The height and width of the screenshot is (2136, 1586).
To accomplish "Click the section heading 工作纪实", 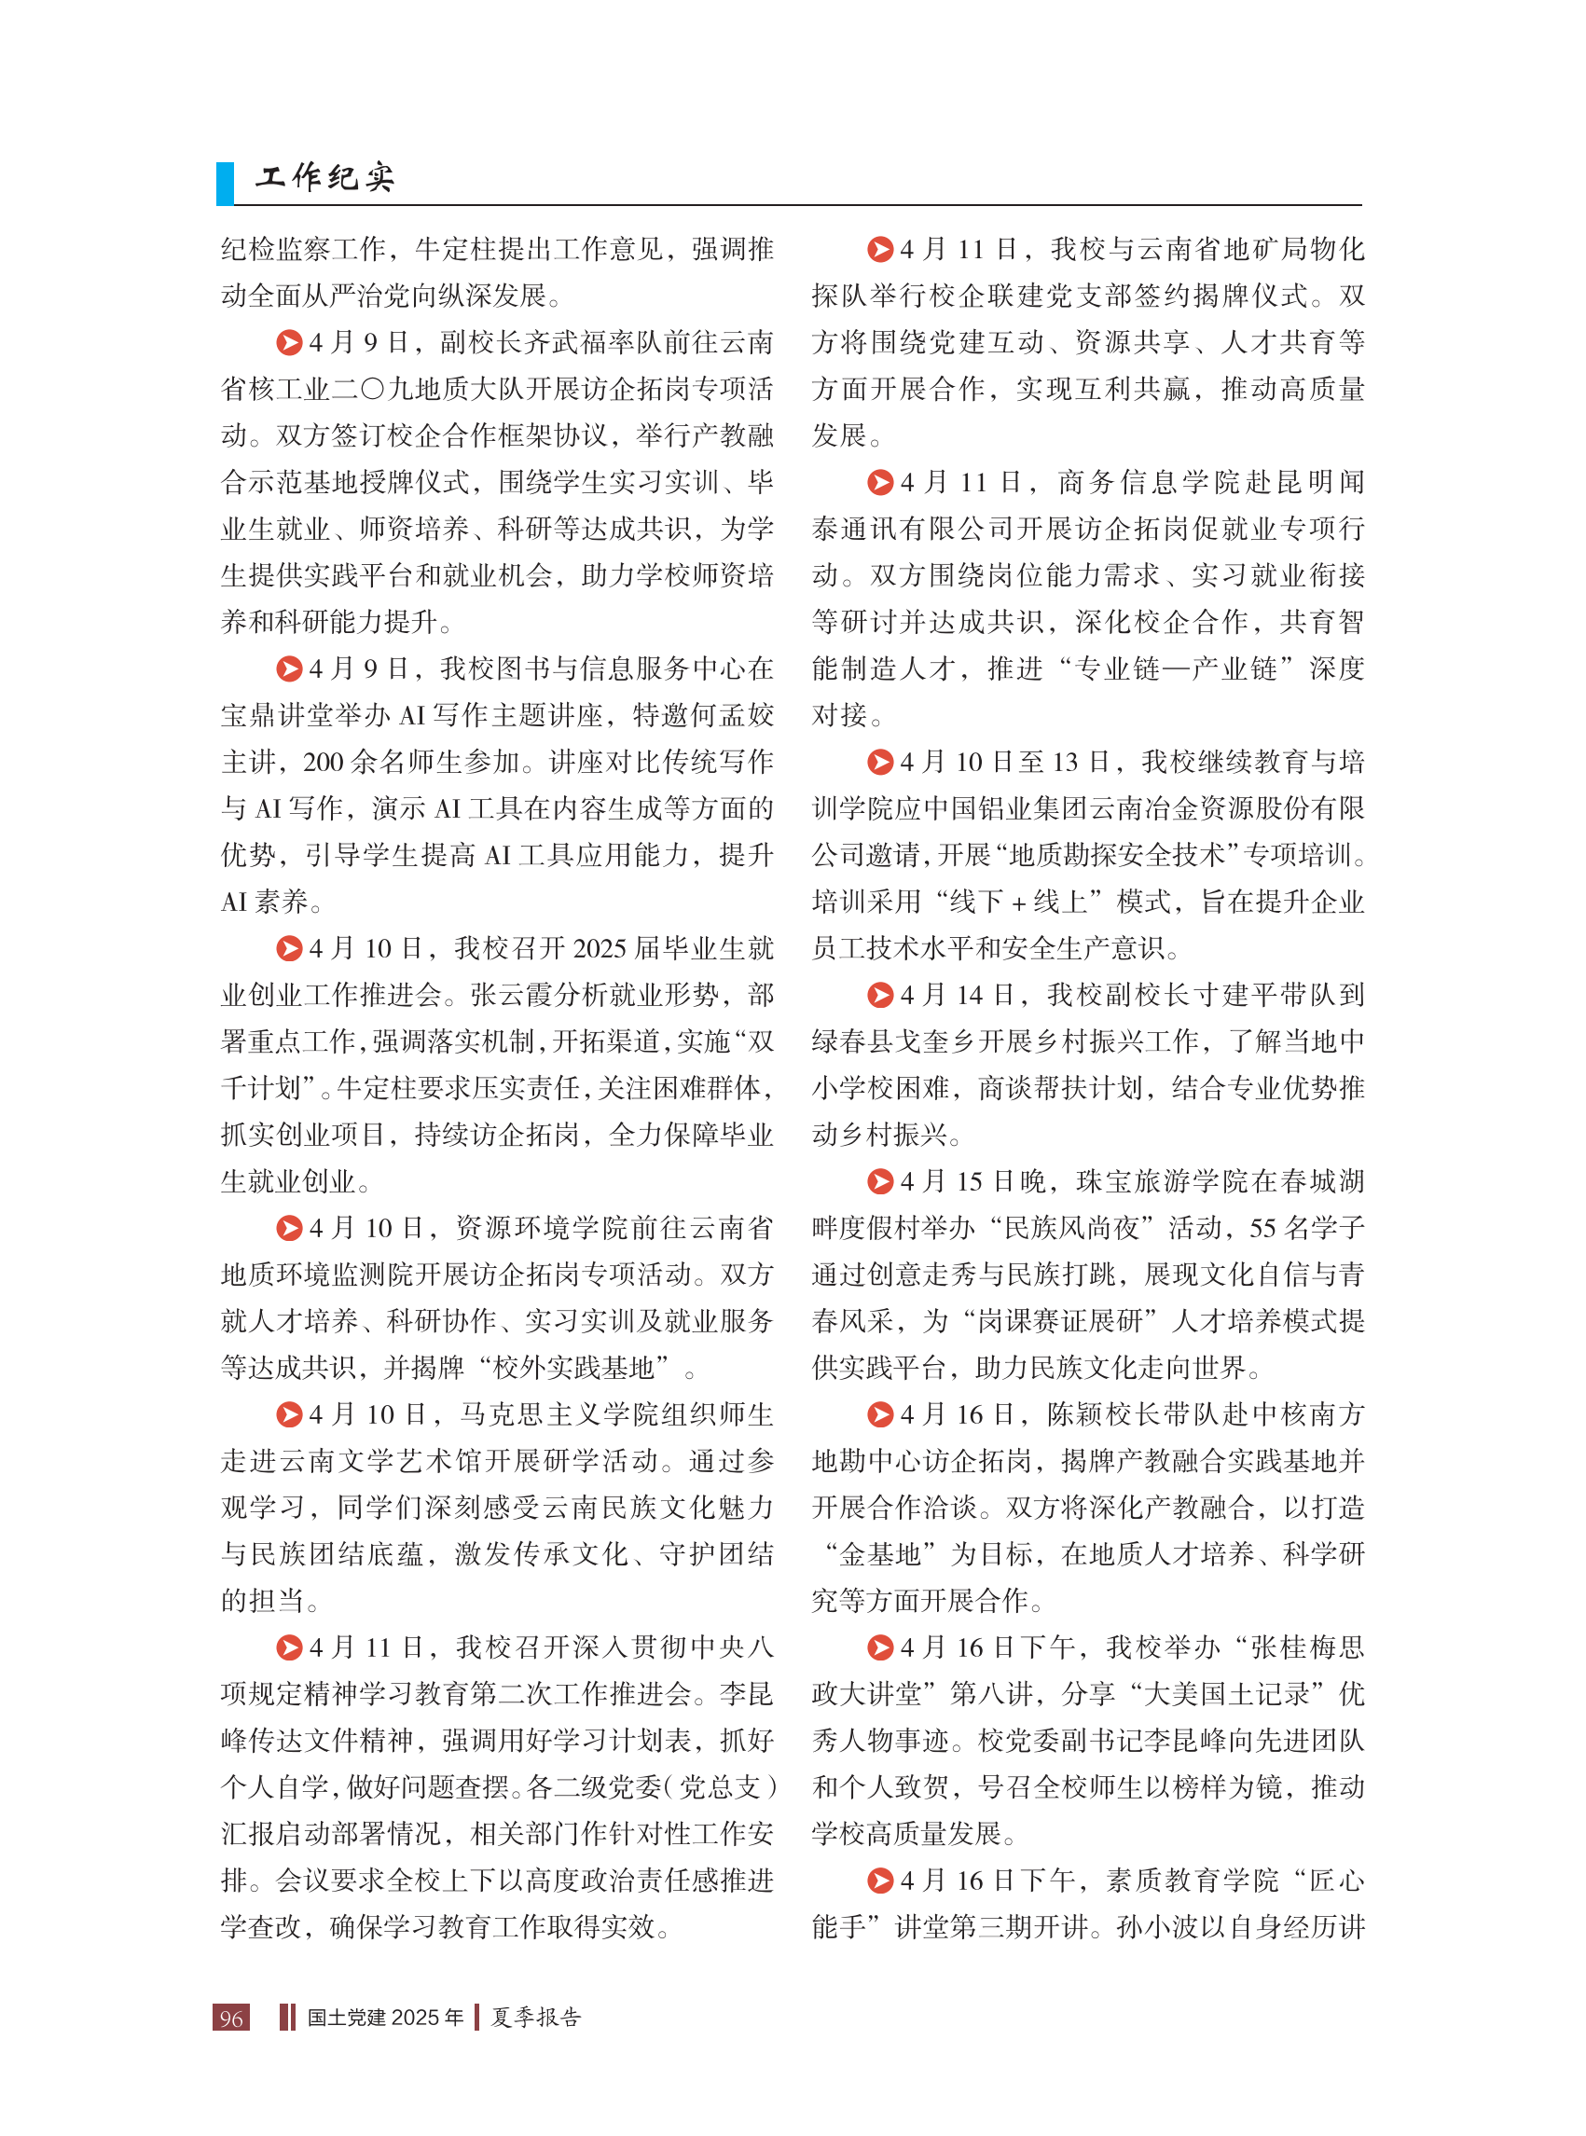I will click(324, 177).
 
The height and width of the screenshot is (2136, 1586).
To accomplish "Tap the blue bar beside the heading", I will click(225, 183).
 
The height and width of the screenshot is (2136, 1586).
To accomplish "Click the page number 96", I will click(231, 2017).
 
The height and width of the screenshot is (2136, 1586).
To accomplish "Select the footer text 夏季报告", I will click(536, 2017).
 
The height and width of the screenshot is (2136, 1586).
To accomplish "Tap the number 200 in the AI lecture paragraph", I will click(324, 763).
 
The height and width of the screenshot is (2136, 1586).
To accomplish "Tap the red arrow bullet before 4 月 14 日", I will click(879, 996).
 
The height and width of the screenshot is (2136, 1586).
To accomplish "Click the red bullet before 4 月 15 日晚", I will click(879, 1182).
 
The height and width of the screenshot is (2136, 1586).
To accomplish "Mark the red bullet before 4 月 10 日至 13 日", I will click(879, 763).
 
